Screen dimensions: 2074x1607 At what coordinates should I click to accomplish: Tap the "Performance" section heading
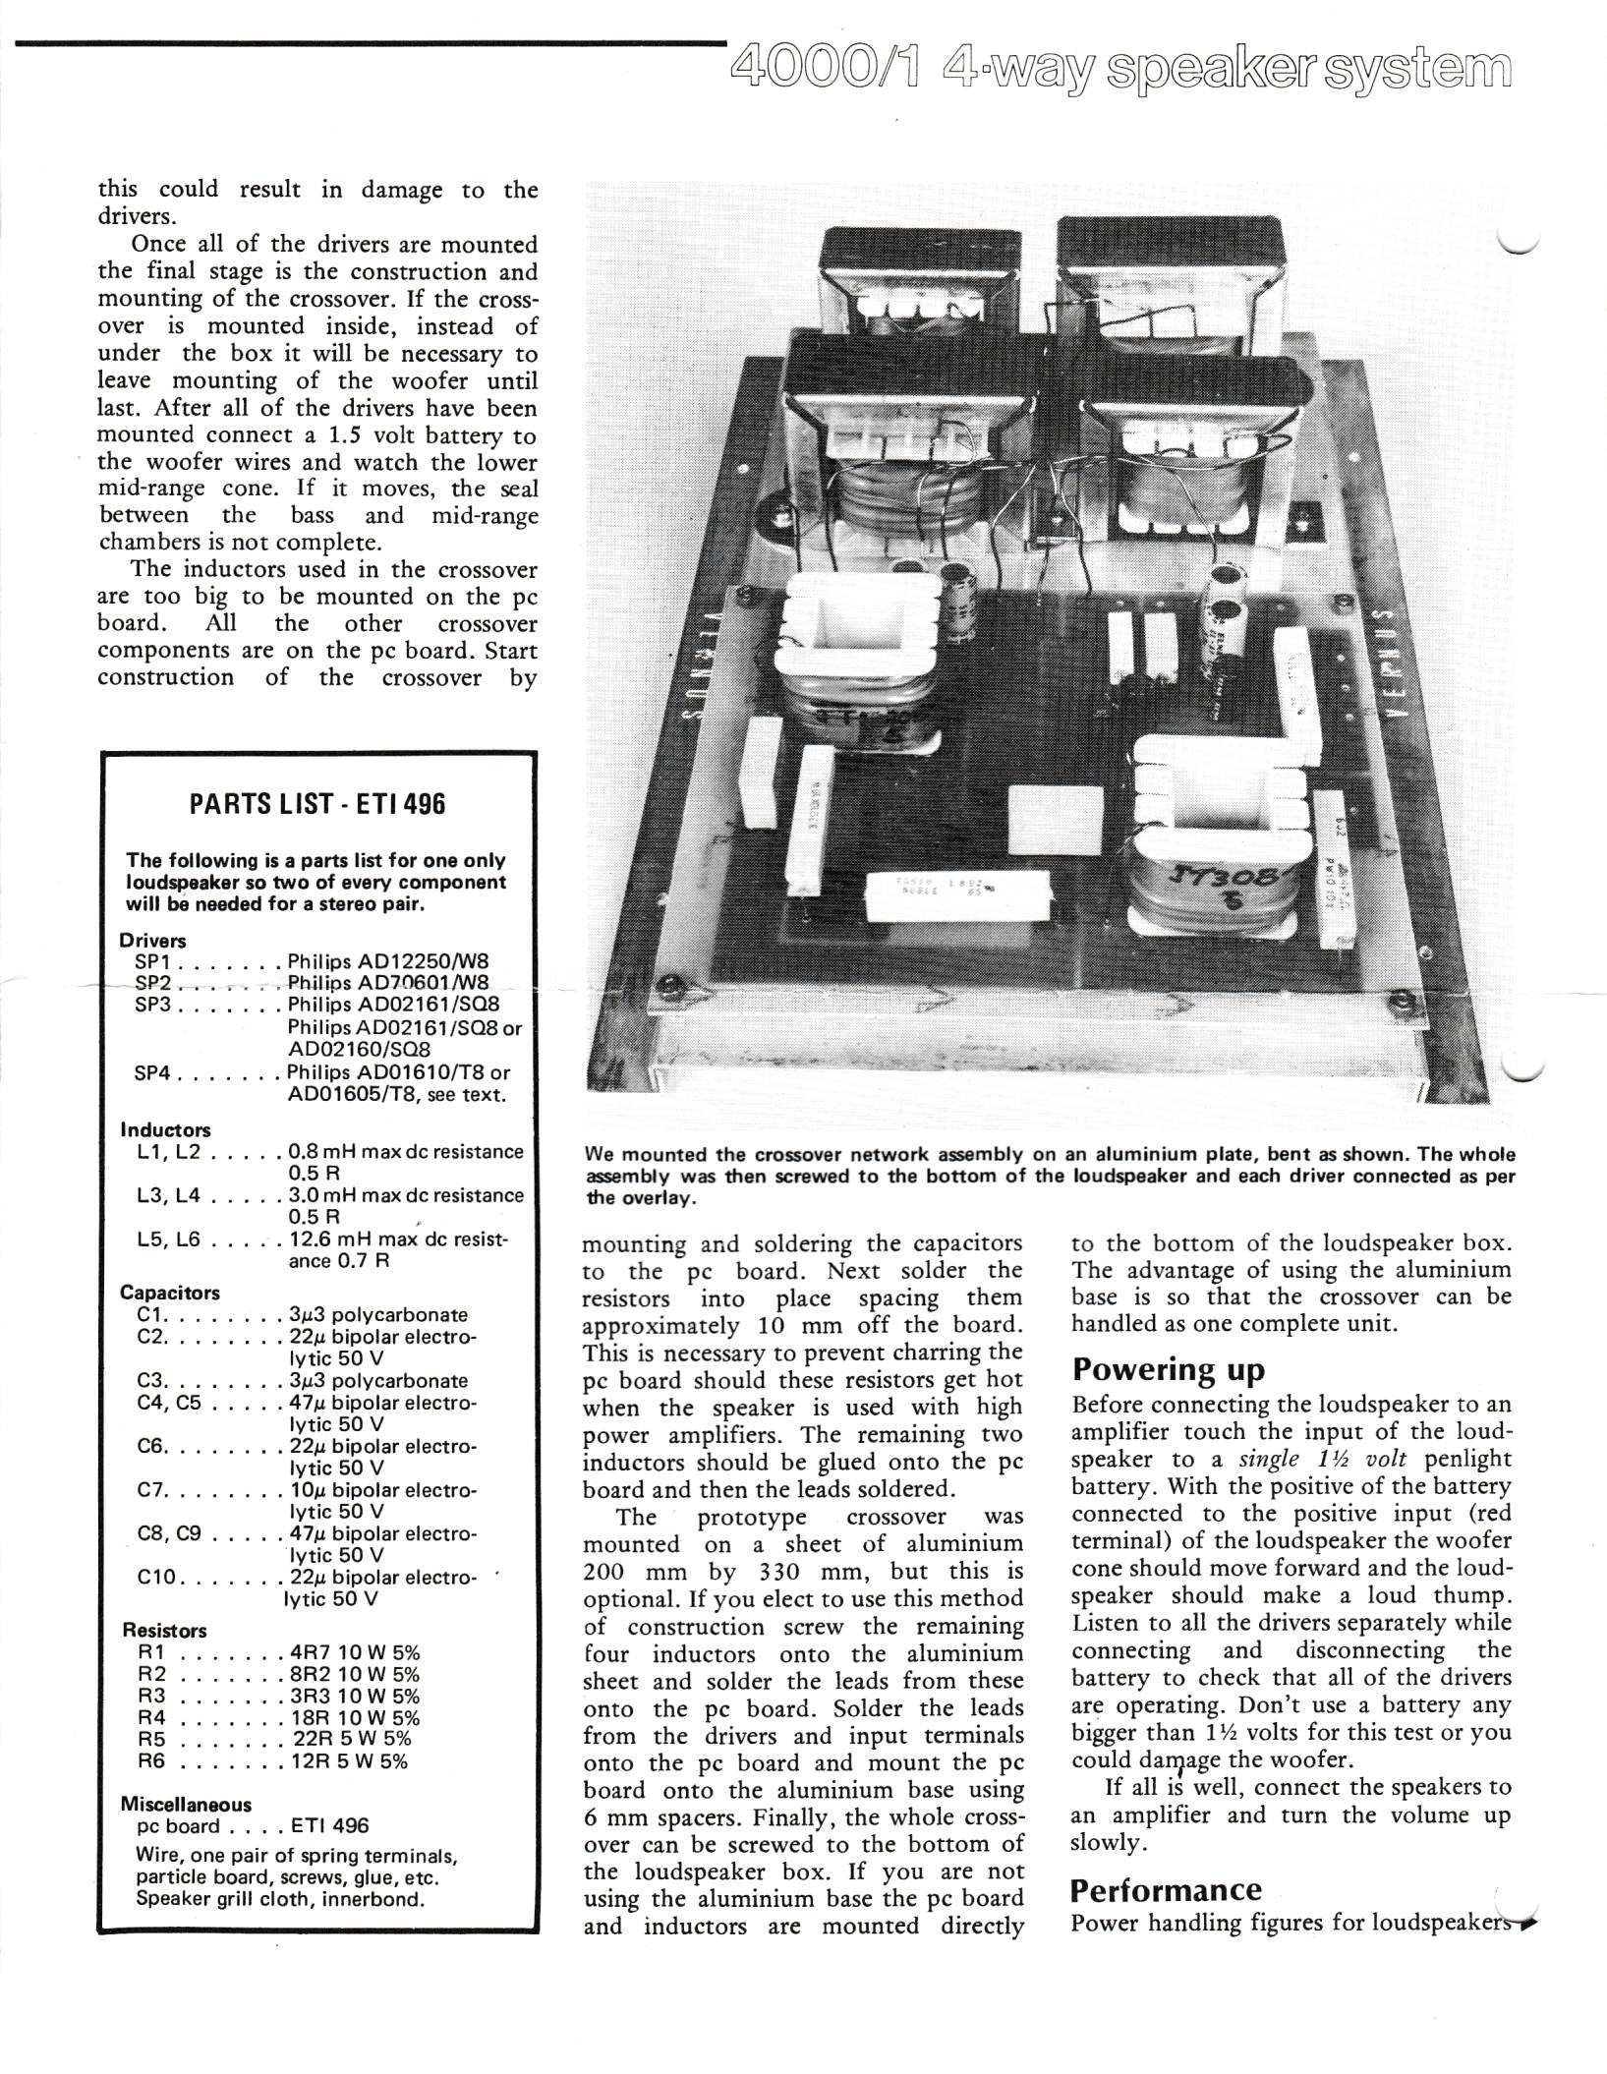(x=1166, y=1890)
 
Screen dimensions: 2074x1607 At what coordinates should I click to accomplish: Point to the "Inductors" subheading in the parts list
(x=165, y=1130)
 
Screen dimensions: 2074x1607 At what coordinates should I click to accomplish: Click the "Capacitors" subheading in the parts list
(x=170, y=1293)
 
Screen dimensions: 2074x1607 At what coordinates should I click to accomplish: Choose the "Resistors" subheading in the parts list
(x=163, y=1631)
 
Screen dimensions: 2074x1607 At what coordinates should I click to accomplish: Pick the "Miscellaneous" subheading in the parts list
(x=186, y=1805)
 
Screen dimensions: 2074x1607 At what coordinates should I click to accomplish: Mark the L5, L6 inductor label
(x=169, y=1240)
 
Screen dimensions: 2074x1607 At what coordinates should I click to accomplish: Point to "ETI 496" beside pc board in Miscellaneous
(x=330, y=1826)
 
